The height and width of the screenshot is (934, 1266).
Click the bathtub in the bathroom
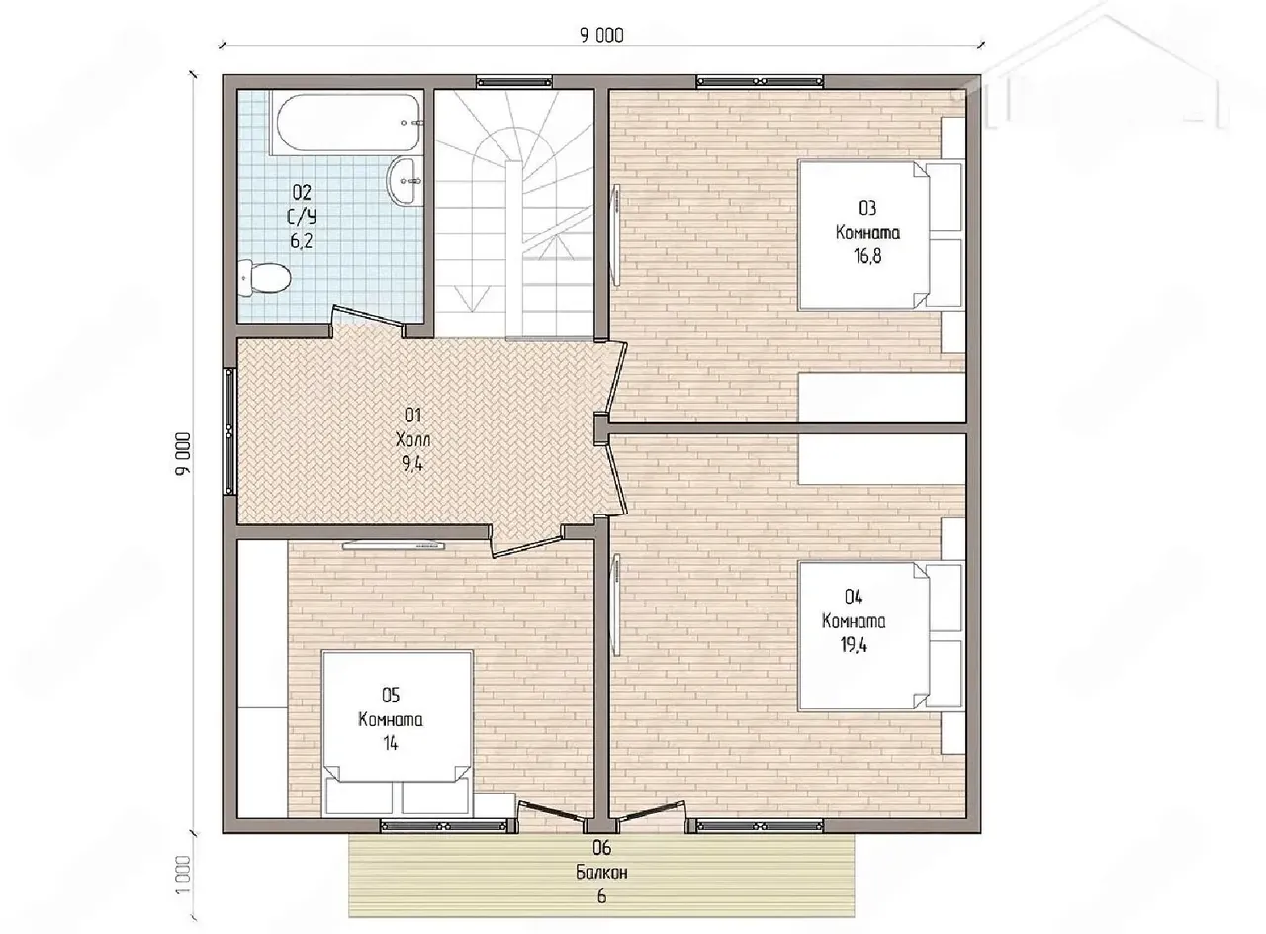pyautogui.click(x=346, y=123)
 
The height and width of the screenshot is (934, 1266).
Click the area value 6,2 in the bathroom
pyautogui.click(x=302, y=241)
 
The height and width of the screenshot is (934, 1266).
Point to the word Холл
pyautogui.click(x=413, y=439)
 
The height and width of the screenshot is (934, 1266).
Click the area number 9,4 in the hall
pyautogui.click(x=412, y=464)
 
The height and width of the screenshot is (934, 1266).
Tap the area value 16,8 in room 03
pyautogui.click(x=867, y=256)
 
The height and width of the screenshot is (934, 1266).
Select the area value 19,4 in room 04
pyautogui.click(x=854, y=645)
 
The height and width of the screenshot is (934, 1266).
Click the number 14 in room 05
pyautogui.click(x=390, y=743)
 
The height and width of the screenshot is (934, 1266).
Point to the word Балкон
pyautogui.click(x=601, y=873)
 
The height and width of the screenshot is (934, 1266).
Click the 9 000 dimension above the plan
pyautogui.click(x=601, y=35)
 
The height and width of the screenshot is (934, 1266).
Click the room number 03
pyautogui.click(x=867, y=208)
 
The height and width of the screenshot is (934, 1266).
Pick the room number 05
pyautogui.click(x=391, y=695)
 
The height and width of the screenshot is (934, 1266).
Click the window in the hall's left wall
pyautogui.click(x=230, y=431)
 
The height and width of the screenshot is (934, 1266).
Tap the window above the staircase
pyautogui.click(x=514, y=82)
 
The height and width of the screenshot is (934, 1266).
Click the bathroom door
pyautogui.click(x=367, y=318)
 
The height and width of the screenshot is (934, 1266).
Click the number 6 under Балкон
pyautogui.click(x=601, y=896)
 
